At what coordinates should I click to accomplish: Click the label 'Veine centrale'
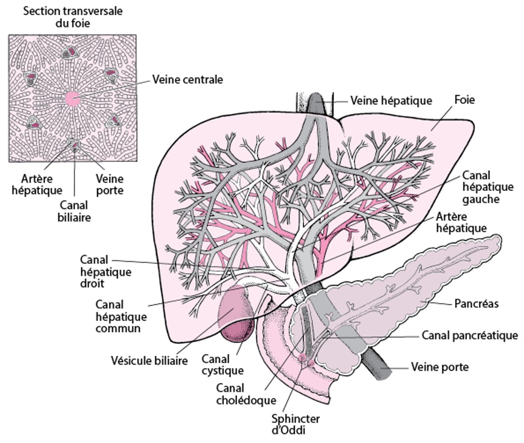click(x=187, y=80)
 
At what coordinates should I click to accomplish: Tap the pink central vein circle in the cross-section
click(x=72, y=99)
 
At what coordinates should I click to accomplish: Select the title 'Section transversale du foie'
click(x=72, y=17)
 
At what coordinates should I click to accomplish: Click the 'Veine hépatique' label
click(x=391, y=101)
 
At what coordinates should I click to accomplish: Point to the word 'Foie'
click(x=464, y=100)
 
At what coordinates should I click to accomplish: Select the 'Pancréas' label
click(x=476, y=303)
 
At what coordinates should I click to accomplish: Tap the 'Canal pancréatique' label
click(x=469, y=335)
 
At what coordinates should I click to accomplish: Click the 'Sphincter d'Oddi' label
click(x=295, y=424)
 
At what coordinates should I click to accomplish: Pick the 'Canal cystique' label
click(x=222, y=365)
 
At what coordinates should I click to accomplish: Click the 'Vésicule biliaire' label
click(x=149, y=361)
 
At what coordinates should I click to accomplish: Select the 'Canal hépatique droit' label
click(x=106, y=271)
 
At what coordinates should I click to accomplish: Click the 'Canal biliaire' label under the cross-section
click(x=74, y=211)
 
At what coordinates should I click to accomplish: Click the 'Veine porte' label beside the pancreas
click(x=439, y=367)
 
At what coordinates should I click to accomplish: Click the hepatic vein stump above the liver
click(x=316, y=103)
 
